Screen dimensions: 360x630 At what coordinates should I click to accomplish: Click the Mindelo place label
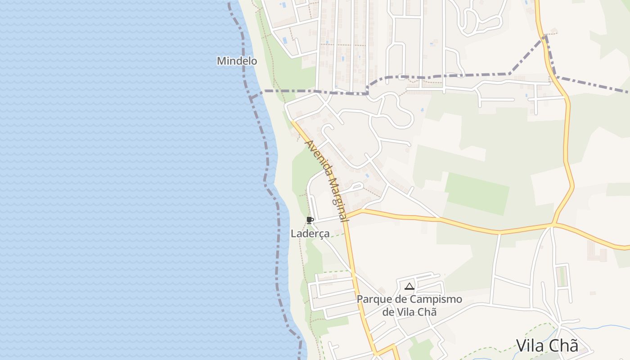[237, 61]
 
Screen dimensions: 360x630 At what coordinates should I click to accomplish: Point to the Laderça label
[310, 234]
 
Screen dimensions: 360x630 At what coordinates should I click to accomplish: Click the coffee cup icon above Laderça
[310, 220]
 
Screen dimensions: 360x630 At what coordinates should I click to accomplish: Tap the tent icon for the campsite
[409, 286]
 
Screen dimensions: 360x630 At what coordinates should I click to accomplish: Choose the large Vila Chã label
[547, 346]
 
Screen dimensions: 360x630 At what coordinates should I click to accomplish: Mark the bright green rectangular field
[477, 193]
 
